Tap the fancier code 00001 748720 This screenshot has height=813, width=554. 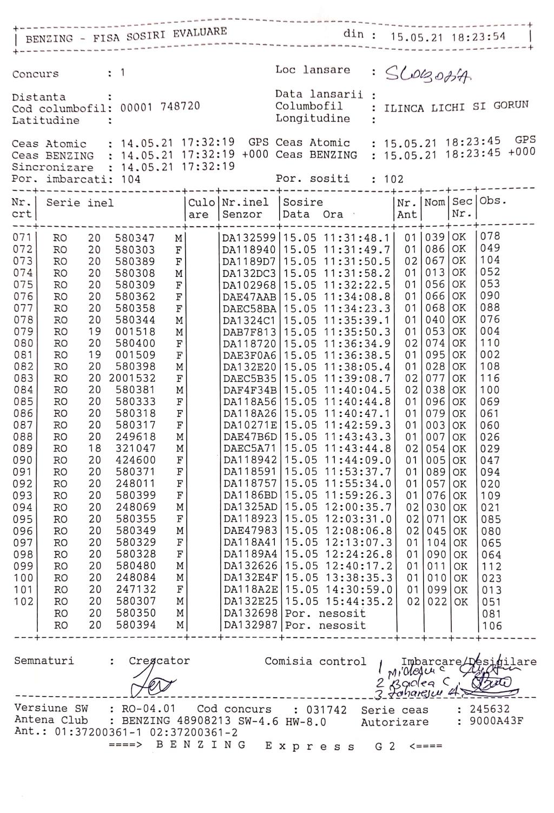pos(160,107)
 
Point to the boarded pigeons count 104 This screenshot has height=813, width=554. pos(130,179)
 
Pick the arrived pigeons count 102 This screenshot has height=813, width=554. pos(394,179)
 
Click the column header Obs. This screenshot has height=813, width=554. pos(491,201)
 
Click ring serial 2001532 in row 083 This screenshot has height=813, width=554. pos(132,379)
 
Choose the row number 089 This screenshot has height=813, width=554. pos(23,448)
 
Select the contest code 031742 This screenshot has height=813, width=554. pos(326,710)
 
